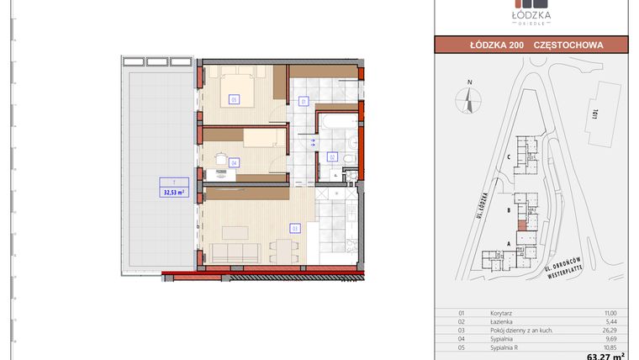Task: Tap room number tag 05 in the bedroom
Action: coord(233,99)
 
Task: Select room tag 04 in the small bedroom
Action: coord(234,162)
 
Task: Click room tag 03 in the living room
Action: coord(295,227)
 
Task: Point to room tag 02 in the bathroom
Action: coord(332,156)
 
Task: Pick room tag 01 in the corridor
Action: coord(304,102)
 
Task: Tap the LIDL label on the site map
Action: coord(594,110)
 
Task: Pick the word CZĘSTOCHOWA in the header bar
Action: coord(568,45)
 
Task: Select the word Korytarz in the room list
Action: coord(501,312)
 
